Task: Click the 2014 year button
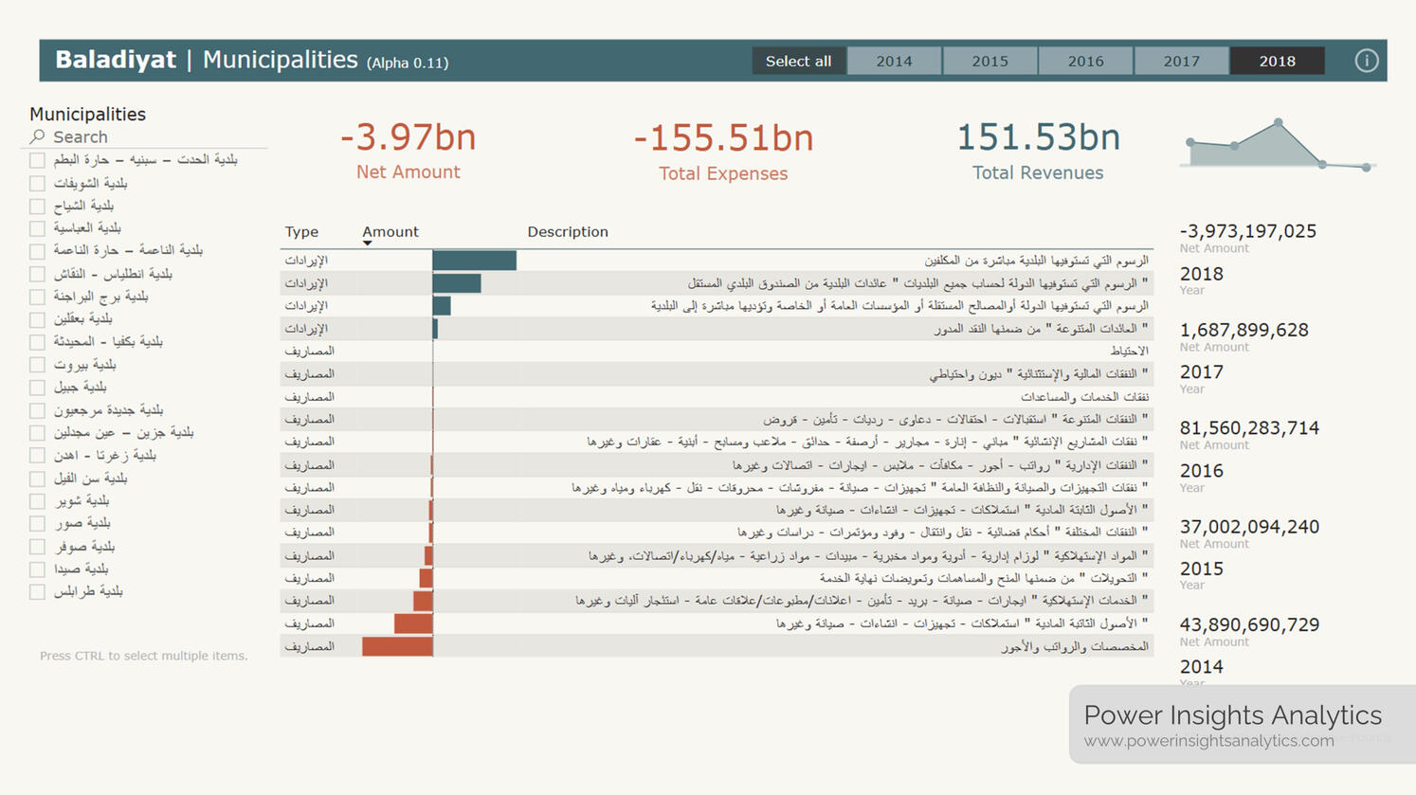click(894, 62)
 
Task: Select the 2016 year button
click(1085, 62)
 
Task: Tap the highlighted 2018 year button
click(1277, 62)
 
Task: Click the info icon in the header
click(1366, 61)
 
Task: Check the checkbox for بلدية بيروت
click(37, 365)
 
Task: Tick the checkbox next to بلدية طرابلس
click(37, 592)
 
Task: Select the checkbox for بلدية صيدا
click(37, 569)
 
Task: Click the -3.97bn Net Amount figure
click(408, 138)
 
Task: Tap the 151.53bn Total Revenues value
click(1038, 138)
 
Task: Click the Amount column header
click(390, 232)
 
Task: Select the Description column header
click(567, 232)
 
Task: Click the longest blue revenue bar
click(474, 260)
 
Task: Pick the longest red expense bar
click(397, 646)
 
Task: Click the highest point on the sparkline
click(1279, 123)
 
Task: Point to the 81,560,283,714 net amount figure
click(1249, 428)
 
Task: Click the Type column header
click(301, 232)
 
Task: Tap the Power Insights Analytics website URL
click(1208, 741)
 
